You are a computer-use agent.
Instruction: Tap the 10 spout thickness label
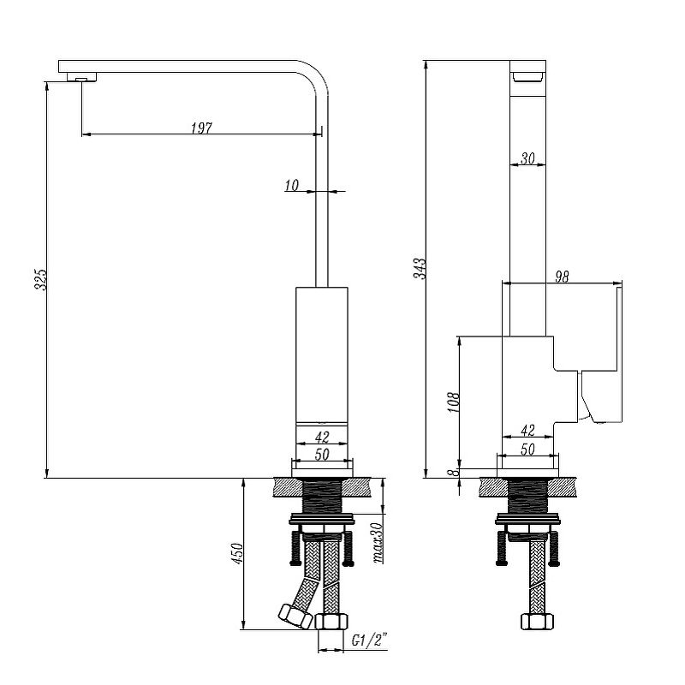[291, 184]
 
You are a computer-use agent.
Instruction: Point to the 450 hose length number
[239, 554]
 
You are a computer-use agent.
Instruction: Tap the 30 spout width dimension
[527, 158]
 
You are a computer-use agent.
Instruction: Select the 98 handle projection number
[562, 277]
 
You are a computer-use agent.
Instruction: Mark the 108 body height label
[454, 403]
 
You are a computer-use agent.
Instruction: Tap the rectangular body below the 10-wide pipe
[322, 355]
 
